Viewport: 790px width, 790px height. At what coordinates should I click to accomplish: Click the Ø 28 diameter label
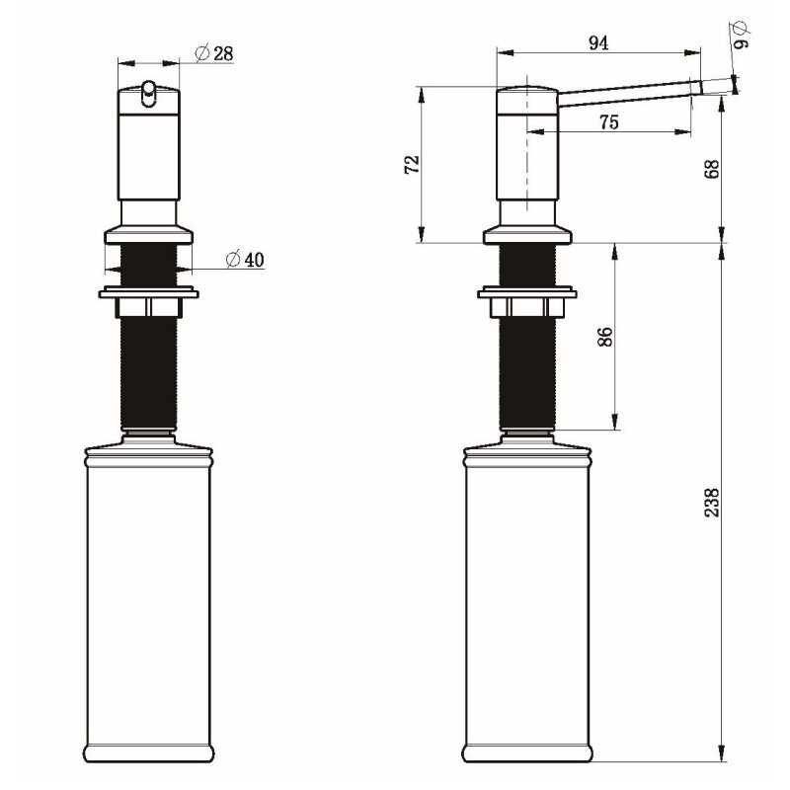[x=214, y=53]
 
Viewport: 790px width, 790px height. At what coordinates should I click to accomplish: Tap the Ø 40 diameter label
[x=245, y=260]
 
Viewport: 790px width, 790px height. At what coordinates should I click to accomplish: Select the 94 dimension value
[x=598, y=43]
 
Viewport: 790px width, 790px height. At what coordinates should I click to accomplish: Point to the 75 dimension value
[x=608, y=121]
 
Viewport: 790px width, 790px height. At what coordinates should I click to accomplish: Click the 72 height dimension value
[x=412, y=164]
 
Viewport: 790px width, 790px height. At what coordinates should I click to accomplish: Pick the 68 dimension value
[x=712, y=169]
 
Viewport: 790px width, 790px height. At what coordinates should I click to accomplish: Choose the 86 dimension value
[x=604, y=337]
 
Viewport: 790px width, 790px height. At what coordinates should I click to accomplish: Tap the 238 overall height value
[x=712, y=502]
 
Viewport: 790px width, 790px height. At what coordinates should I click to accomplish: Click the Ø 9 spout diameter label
[x=741, y=35]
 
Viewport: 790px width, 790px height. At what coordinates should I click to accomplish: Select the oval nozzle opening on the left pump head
[x=149, y=94]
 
